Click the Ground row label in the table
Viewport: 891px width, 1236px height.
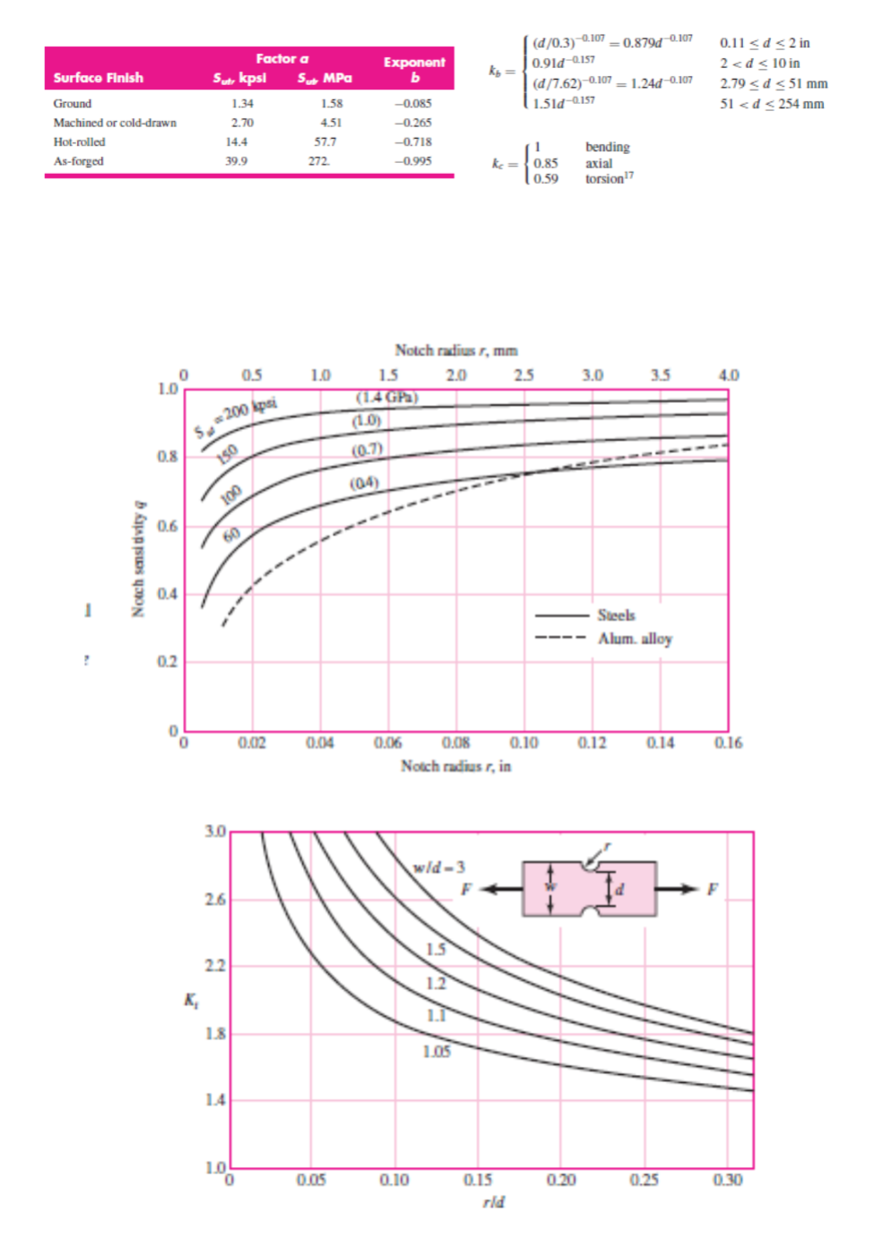click(72, 104)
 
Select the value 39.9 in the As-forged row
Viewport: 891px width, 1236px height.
click(236, 161)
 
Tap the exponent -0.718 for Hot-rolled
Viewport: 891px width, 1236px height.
click(413, 142)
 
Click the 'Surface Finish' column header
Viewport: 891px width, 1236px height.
click(98, 78)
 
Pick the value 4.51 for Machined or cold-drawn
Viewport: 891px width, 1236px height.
click(331, 123)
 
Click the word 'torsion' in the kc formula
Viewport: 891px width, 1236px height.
click(604, 179)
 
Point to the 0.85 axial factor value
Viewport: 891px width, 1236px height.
click(545, 163)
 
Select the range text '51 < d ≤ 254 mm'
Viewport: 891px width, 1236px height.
click(772, 104)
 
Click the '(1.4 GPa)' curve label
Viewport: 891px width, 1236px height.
click(387, 398)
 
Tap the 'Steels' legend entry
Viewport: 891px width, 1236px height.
click(616, 615)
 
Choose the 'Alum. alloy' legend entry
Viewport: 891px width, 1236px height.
click(635, 639)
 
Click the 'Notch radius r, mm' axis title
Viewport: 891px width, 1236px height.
click(455, 350)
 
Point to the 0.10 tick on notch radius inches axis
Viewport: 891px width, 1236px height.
click(523, 742)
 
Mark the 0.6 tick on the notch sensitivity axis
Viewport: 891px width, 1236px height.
click(167, 526)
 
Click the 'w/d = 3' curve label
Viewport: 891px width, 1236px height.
click(438, 867)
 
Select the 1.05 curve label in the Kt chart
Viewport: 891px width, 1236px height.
click(437, 1051)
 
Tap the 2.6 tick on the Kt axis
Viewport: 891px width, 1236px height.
click(214, 899)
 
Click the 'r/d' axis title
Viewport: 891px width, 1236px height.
click(493, 1202)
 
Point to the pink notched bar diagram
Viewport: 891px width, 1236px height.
click(589, 888)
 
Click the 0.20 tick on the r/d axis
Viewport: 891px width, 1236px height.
click(561, 1180)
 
